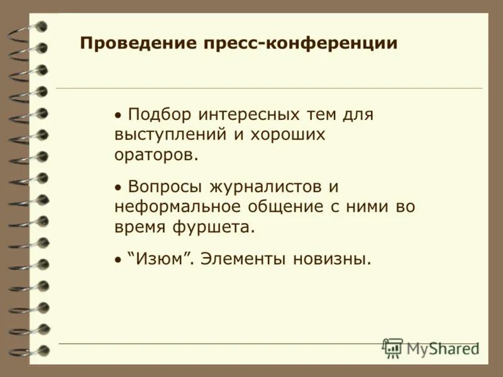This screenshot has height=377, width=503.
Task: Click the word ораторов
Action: pos(156,155)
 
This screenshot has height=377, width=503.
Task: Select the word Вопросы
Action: pos(165,187)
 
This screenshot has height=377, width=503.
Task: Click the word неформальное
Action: pos(175,207)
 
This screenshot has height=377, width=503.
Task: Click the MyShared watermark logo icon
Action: pos(393,347)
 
